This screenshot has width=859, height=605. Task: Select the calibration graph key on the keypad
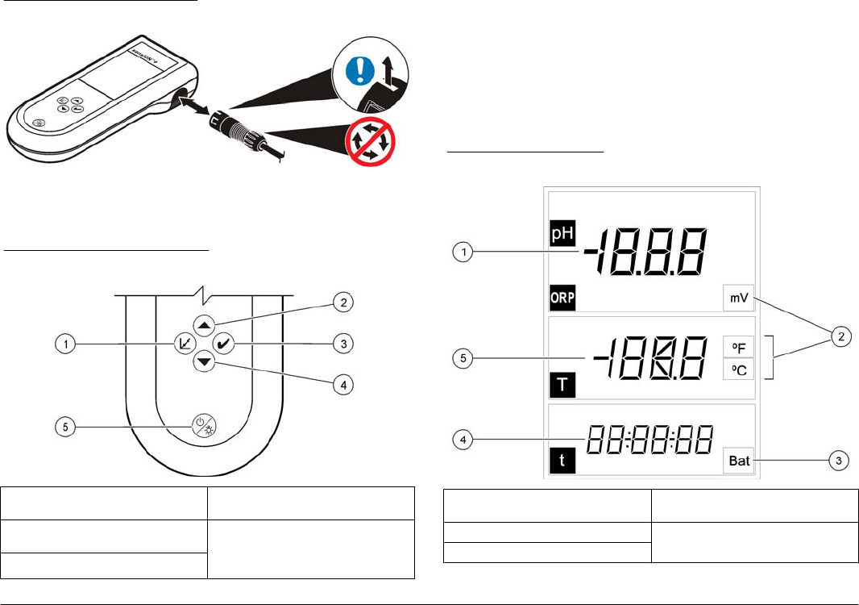pyautogui.click(x=183, y=343)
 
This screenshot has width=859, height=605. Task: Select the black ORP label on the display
pyautogui.click(x=564, y=297)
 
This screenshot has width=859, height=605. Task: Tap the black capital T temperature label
pyautogui.click(x=560, y=386)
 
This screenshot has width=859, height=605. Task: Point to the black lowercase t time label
pyautogui.click(x=559, y=462)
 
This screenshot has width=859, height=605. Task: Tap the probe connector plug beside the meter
pyautogui.click(x=238, y=130)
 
